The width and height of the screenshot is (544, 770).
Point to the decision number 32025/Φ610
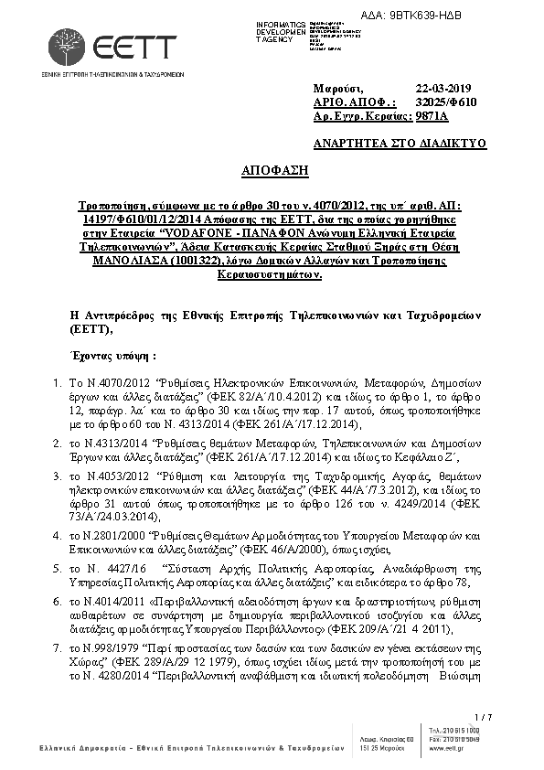tap(445, 102)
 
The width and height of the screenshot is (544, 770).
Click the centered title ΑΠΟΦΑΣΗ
tap(275, 170)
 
